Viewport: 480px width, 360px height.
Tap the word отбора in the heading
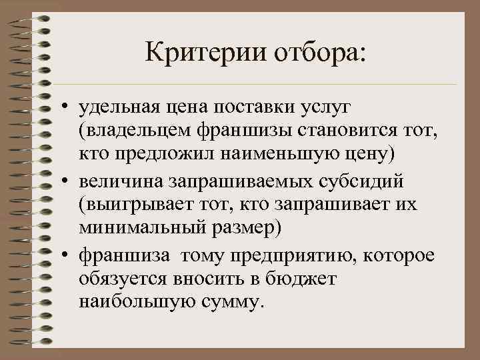tap(317, 51)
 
